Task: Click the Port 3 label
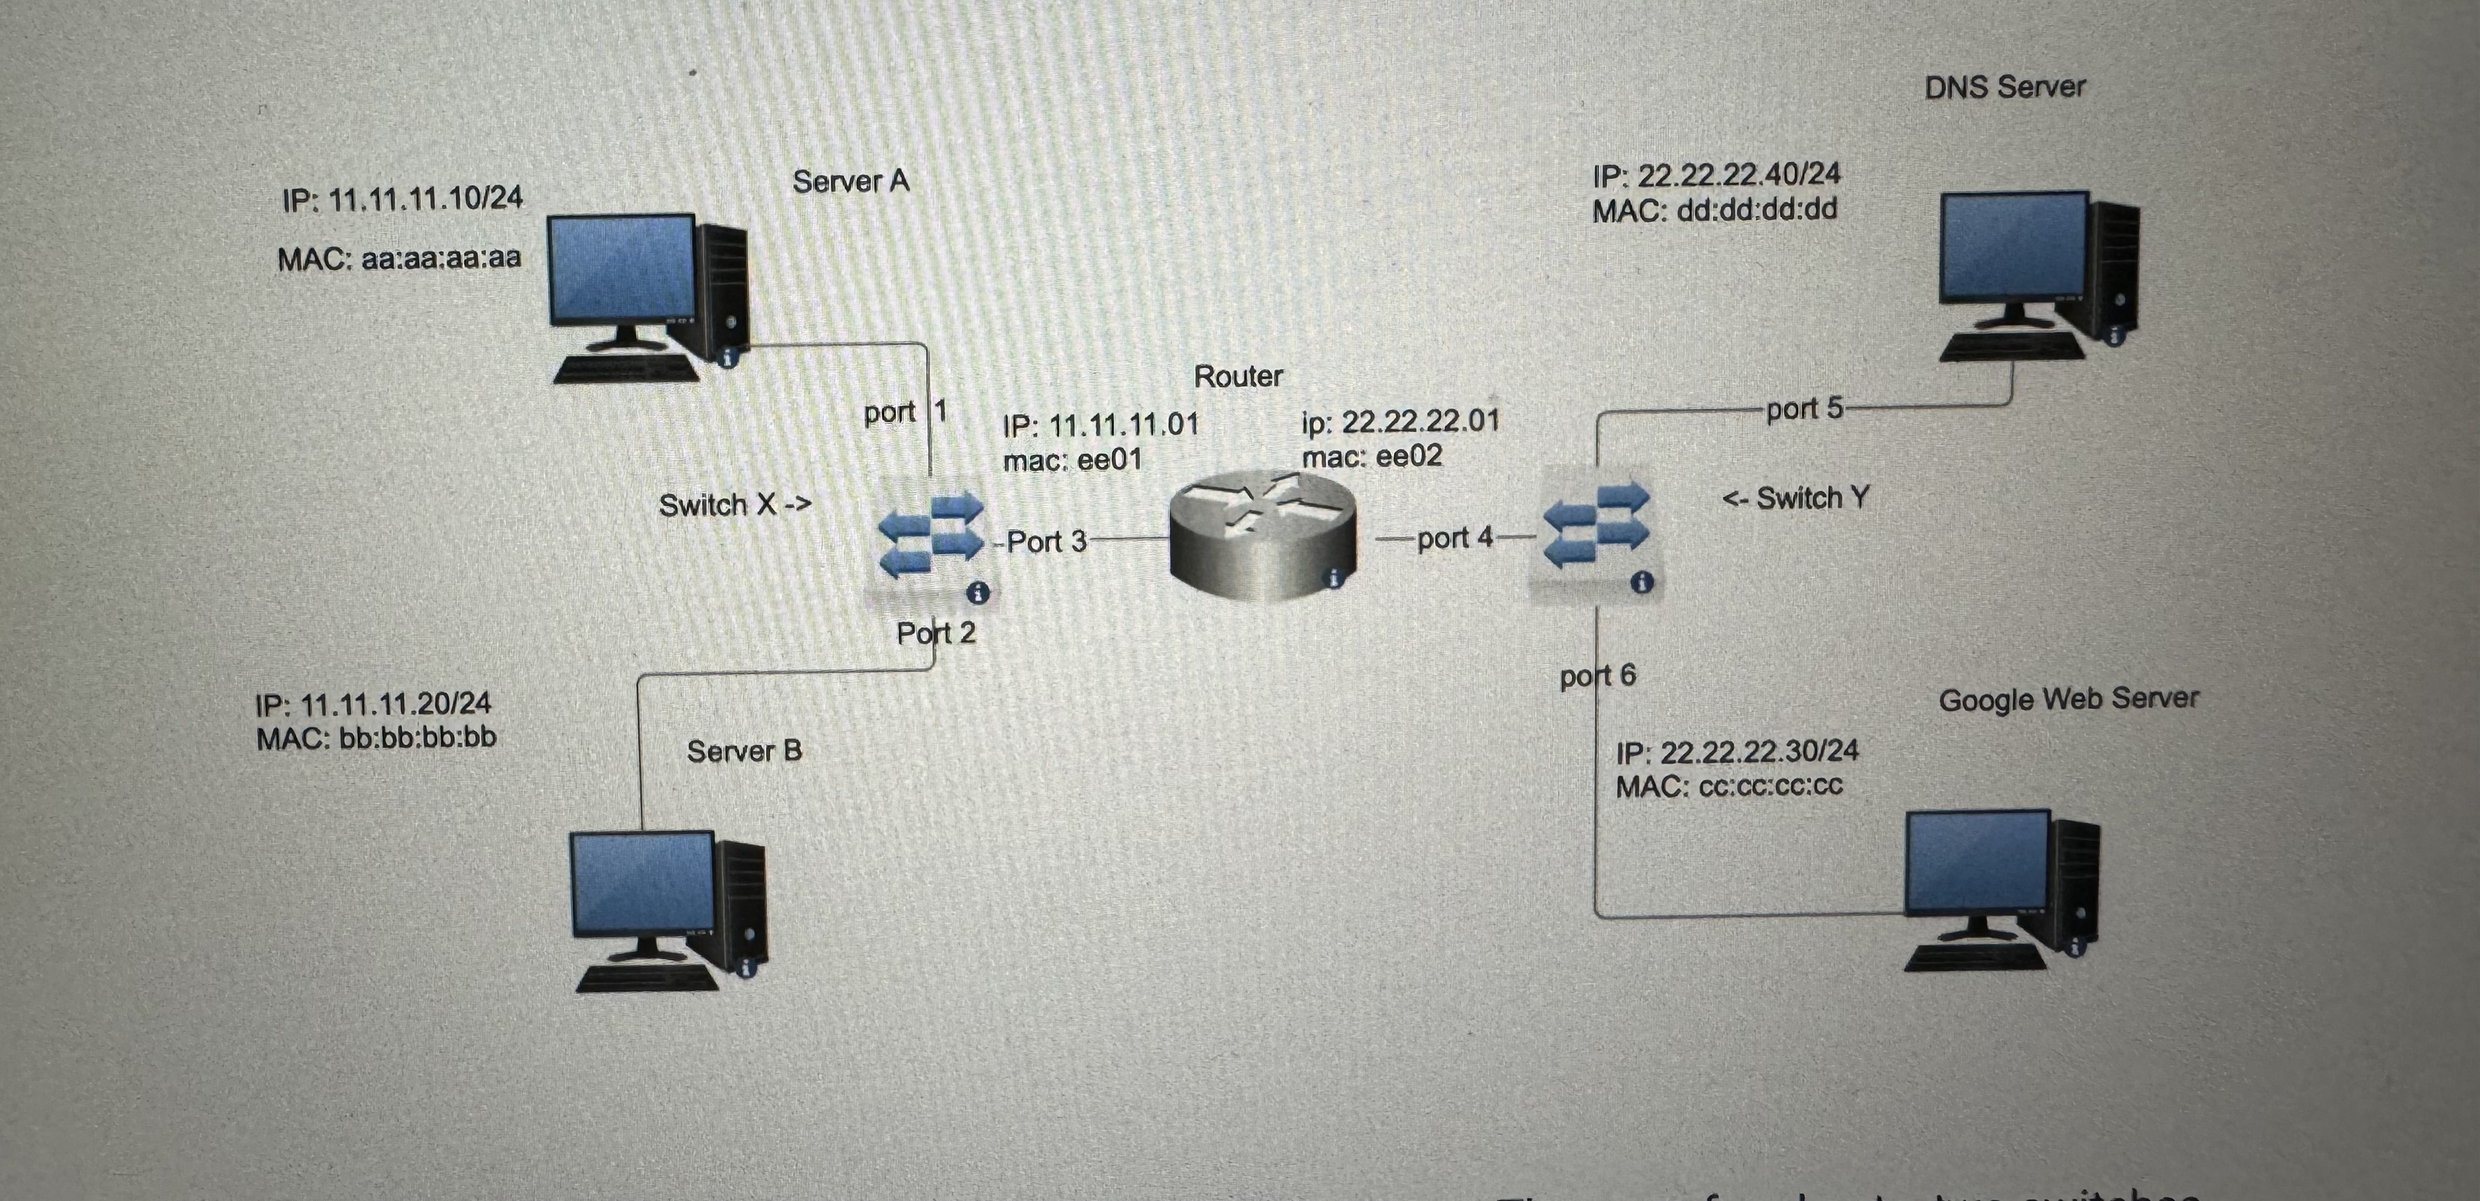(x=1047, y=541)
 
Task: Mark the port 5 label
(x=1803, y=408)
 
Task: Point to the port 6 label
(x=1598, y=675)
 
